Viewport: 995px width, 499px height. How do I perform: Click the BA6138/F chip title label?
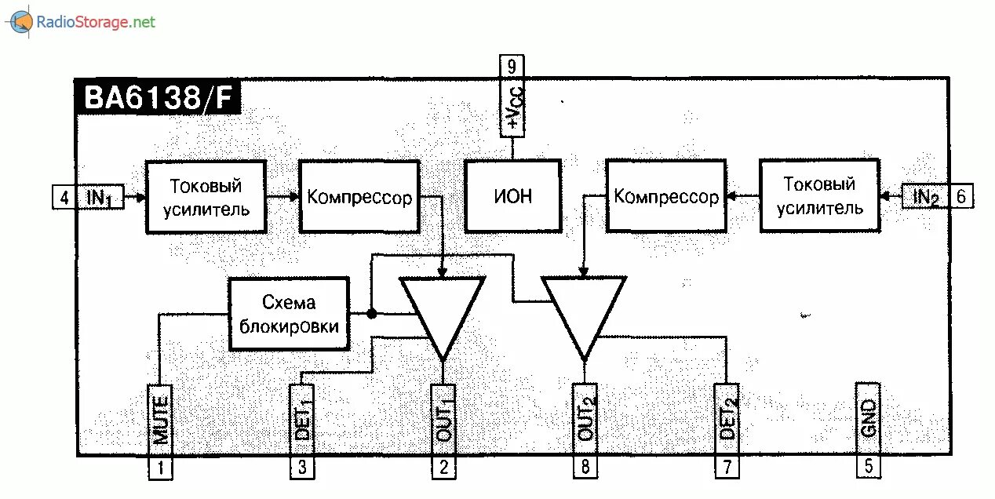tap(157, 98)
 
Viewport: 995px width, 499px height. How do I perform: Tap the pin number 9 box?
tap(512, 66)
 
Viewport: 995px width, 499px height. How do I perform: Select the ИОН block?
tap(512, 195)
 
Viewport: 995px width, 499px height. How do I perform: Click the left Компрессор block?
tap(359, 196)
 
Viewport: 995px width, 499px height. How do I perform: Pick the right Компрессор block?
tap(665, 195)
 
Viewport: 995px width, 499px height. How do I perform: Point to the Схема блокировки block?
tap(289, 314)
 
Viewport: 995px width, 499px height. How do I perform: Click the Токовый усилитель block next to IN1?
tap(206, 197)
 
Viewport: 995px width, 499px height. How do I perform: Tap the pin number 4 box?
tap(64, 197)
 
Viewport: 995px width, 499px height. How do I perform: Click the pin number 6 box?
tap(960, 196)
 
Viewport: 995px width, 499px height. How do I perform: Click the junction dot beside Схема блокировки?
tap(372, 314)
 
